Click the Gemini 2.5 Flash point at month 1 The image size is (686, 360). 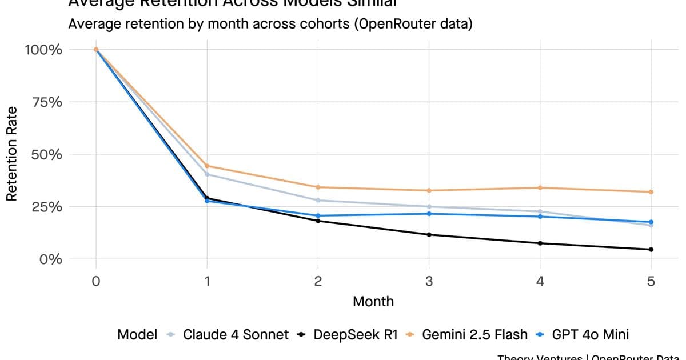coord(207,166)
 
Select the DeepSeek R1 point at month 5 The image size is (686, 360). coord(651,249)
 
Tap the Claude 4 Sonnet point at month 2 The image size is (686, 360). coord(318,200)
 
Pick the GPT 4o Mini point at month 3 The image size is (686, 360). coord(429,214)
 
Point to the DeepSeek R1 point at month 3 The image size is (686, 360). coord(429,234)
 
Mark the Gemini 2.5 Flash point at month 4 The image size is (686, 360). coord(540,187)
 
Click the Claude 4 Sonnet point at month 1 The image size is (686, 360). coord(207,174)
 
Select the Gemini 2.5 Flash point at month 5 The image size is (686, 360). coord(651,192)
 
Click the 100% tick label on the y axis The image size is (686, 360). coord(43,50)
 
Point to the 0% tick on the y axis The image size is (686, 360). coord(50,259)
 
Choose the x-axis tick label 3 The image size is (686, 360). coord(429,281)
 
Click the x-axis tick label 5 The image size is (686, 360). coord(651,281)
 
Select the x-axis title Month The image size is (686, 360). coord(373,301)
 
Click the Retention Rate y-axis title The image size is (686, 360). coord(11,154)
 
